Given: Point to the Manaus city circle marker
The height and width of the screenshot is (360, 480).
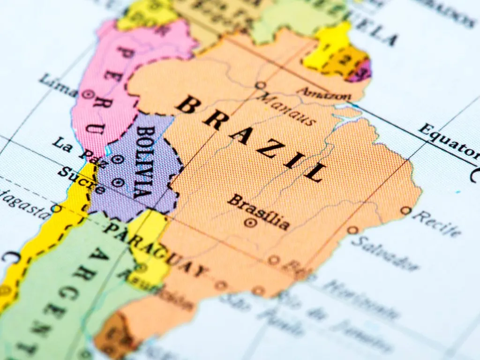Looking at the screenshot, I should [260, 85].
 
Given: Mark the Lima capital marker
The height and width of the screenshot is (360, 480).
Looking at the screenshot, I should [86, 94].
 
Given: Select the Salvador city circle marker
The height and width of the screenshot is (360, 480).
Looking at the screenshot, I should [352, 230].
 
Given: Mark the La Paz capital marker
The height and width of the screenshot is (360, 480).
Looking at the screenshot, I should [117, 160].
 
